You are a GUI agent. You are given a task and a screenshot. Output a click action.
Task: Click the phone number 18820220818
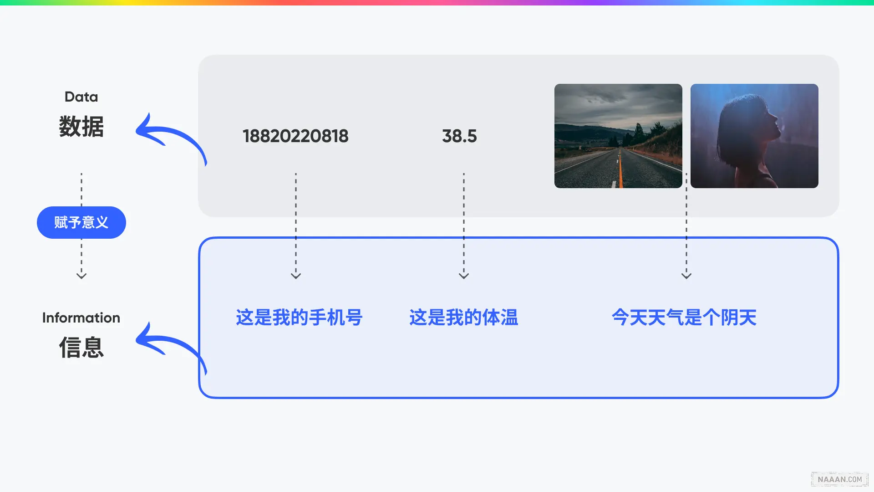point(295,136)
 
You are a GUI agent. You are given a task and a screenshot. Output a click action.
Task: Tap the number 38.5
point(459,136)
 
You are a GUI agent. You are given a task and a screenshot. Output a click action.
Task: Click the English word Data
point(81,97)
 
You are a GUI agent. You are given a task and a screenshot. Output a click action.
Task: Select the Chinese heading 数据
point(81,126)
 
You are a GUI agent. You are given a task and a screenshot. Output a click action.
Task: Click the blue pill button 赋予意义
point(81,222)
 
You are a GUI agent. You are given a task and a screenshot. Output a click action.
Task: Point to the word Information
point(81,318)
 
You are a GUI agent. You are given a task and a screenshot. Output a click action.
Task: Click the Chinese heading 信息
point(81,347)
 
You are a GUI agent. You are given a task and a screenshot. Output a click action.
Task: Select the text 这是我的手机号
point(299,318)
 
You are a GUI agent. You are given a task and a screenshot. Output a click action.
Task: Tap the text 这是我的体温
point(463,318)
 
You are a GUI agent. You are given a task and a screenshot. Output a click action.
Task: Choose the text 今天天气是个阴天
point(684,318)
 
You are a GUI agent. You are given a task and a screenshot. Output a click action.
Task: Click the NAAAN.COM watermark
point(839,479)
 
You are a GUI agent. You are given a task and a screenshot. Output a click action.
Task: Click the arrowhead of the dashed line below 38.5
point(463,276)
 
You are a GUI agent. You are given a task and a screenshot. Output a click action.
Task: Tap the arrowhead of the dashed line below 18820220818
point(296,276)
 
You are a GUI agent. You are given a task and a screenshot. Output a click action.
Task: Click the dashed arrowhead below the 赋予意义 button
point(81,276)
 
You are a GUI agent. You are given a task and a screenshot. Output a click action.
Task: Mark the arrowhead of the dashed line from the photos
point(686,276)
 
